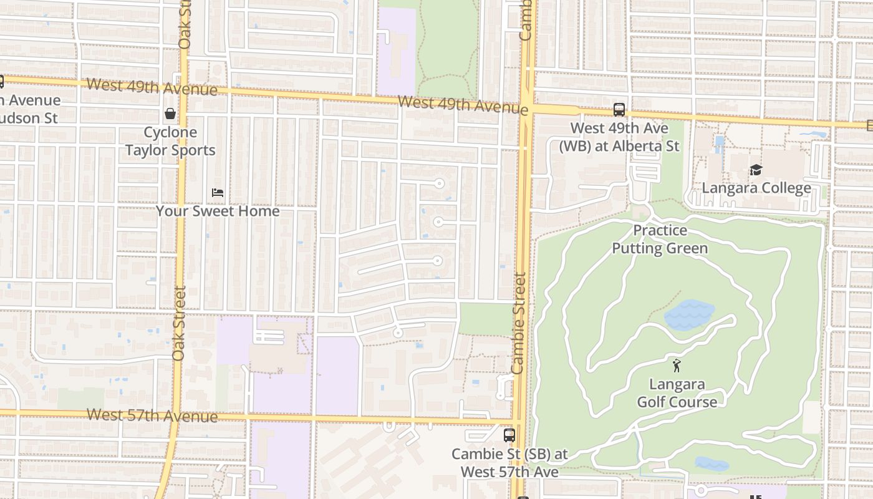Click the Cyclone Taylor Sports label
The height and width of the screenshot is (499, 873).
pyautogui.click(x=170, y=141)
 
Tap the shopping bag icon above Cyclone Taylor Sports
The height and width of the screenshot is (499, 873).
pyautogui.click(x=170, y=114)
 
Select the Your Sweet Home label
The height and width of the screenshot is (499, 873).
pyautogui.click(x=218, y=211)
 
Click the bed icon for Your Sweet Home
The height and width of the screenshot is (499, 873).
pyautogui.click(x=218, y=193)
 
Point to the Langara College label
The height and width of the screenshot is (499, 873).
pyautogui.click(x=756, y=188)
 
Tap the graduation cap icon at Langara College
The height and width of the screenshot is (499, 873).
pyautogui.click(x=756, y=170)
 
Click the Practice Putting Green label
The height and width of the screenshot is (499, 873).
pyautogui.click(x=660, y=239)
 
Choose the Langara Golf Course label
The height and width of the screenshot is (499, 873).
pyautogui.click(x=677, y=393)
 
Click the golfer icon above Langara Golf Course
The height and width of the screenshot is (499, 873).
pyautogui.click(x=677, y=366)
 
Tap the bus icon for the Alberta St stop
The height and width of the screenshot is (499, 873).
pyautogui.click(x=619, y=110)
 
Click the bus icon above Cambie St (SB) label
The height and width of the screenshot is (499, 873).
pyautogui.click(x=509, y=435)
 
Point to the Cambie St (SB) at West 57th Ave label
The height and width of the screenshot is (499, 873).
pyautogui.click(x=509, y=463)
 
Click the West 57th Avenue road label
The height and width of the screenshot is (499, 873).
pyautogui.click(x=152, y=415)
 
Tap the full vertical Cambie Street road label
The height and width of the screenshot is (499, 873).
pyautogui.click(x=518, y=323)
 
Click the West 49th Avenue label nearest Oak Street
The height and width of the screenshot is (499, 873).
pyautogui.click(x=152, y=87)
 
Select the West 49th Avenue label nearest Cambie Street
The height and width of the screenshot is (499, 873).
pyautogui.click(x=463, y=105)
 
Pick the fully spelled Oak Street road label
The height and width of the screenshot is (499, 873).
pyautogui.click(x=180, y=323)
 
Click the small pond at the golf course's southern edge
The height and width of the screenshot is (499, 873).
pyautogui.click(x=711, y=463)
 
